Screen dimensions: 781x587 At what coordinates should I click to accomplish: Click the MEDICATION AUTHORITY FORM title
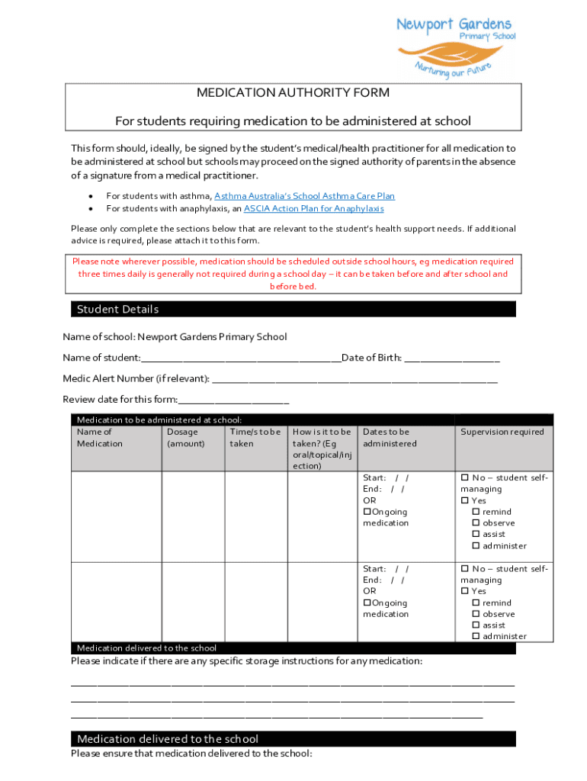point(293,93)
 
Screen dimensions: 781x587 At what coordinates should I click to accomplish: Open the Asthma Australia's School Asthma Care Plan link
point(304,196)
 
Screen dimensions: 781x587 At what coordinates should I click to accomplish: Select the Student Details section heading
point(117,309)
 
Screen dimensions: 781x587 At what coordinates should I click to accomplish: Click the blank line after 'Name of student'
point(241,358)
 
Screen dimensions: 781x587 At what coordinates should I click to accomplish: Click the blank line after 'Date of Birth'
point(451,358)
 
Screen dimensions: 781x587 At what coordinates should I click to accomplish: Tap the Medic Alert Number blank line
point(354,379)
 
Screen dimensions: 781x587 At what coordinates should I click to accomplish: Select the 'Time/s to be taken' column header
point(255,438)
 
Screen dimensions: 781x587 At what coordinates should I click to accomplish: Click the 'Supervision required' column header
point(502,432)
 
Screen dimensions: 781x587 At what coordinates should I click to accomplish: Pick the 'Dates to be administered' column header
point(390,438)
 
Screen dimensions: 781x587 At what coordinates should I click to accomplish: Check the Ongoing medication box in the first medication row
point(367,512)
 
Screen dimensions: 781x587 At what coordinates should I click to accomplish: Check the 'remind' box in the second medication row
point(476,603)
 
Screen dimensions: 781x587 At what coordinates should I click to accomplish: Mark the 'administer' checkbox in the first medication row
point(476,546)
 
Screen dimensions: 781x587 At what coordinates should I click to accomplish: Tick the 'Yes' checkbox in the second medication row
point(465,591)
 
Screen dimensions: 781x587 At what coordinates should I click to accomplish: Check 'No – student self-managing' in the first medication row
point(465,477)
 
